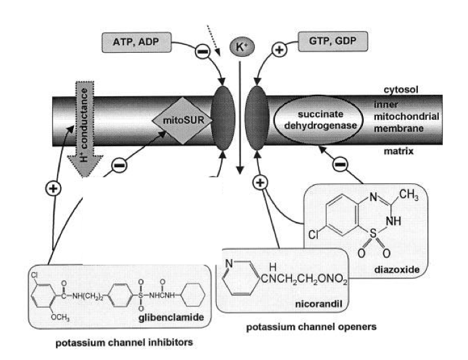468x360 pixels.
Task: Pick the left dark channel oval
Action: [x=225, y=123]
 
